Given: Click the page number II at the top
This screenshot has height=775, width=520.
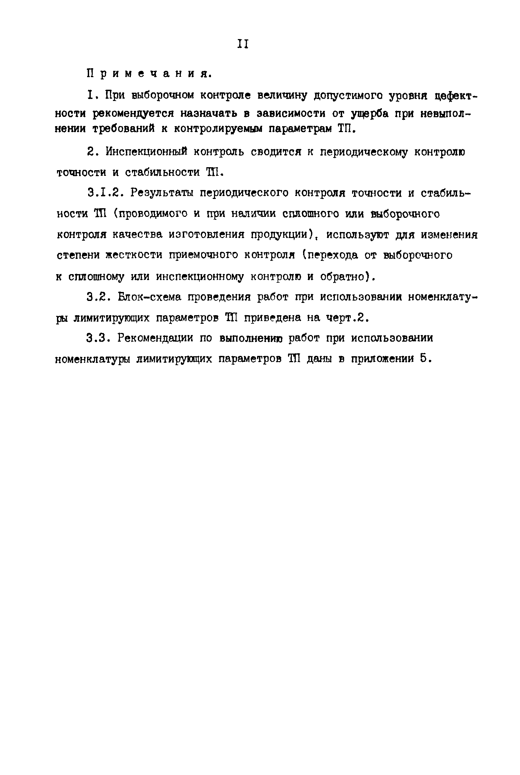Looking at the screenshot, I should [x=243, y=44].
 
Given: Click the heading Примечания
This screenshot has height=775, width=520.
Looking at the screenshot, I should [x=148, y=73].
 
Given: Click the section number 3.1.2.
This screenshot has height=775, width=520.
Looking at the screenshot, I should [x=105, y=193].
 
